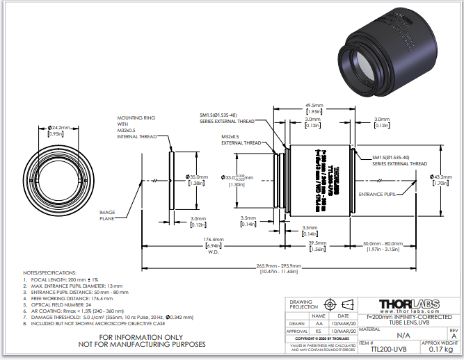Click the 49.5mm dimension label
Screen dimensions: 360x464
click(312, 106)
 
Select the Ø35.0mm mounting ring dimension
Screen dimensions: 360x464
click(198, 177)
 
